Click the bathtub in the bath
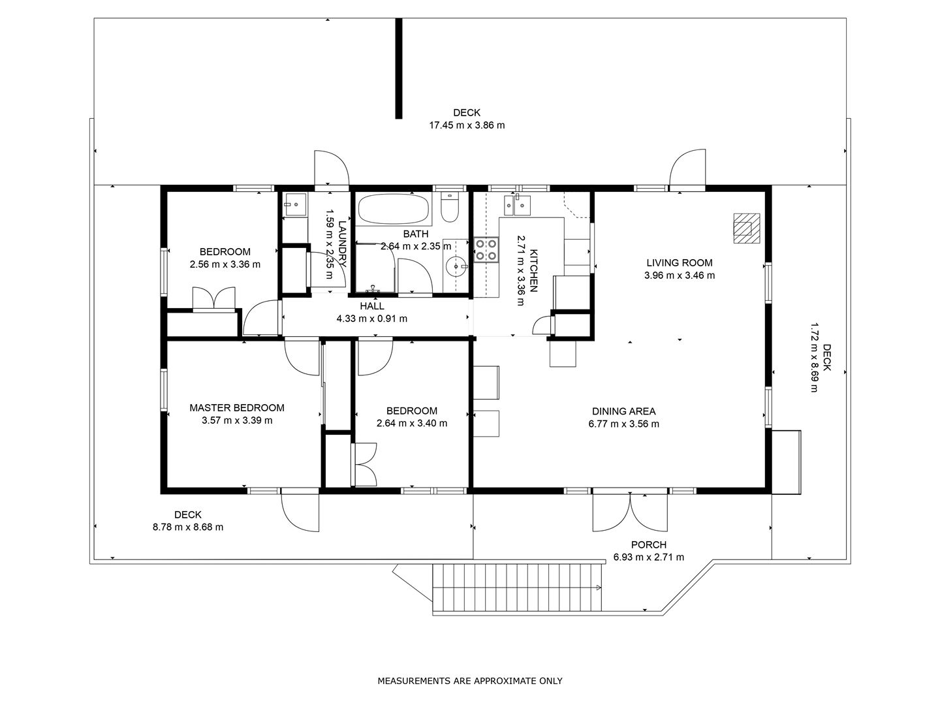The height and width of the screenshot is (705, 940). [x=393, y=210]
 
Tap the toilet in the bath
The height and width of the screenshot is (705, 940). [x=450, y=206]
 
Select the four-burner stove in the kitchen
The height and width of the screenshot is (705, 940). [x=486, y=250]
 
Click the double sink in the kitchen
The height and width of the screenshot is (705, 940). [x=517, y=205]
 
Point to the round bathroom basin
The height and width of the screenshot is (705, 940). [x=456, y=266]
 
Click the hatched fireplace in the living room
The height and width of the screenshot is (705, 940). [x=746, y=228]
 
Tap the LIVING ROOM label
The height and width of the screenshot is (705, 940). [x=679, y=263]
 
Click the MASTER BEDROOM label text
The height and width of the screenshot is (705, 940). [x=237, y=407]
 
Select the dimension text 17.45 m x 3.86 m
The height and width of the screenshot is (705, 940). [x=467, y=125]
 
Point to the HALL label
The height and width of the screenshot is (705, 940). [x=371, y=306]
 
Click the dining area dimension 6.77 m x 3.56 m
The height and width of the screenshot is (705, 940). [x=623, y=424]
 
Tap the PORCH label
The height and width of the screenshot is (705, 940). [x=649, y=545]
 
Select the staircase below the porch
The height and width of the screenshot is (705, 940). [x=517, y=587]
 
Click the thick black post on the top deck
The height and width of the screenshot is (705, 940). [x=399, y=68]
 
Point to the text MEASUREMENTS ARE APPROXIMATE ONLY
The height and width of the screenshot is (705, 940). [x=470, y=681]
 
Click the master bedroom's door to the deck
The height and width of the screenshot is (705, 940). [x=300, y=512]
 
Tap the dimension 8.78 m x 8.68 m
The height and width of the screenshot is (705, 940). [x=188, y=527]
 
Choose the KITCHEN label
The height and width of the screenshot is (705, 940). [x=533, y=270]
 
